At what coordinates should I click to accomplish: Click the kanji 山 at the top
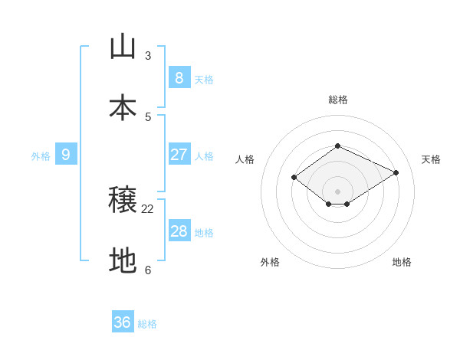click(123, 47)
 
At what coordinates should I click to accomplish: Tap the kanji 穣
click(123, 200)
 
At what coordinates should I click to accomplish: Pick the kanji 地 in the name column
click(123, 261)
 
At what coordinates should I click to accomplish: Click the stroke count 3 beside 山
click(148, 55)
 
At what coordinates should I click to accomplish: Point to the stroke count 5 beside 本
click(148, 116)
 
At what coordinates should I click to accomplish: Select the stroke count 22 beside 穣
click(148, 208)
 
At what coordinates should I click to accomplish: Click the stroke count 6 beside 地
click(148, 270)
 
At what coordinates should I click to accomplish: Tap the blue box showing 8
click(179, 77)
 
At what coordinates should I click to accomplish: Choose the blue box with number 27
click(179, 154)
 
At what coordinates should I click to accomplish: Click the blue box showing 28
click(179, 231)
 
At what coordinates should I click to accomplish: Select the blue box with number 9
click(66, 155)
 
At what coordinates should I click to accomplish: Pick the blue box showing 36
click(123, 322)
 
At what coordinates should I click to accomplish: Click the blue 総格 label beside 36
click(147, 324)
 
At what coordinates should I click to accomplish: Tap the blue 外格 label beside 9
click(41, 156)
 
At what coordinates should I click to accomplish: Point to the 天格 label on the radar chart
click(431, 159)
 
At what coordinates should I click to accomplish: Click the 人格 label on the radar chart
click(245, 159)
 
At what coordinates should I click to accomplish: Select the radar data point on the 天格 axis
click(396, 173)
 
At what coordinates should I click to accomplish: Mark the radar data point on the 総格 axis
click(337, 146)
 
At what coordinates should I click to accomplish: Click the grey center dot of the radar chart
click(337, 191)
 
